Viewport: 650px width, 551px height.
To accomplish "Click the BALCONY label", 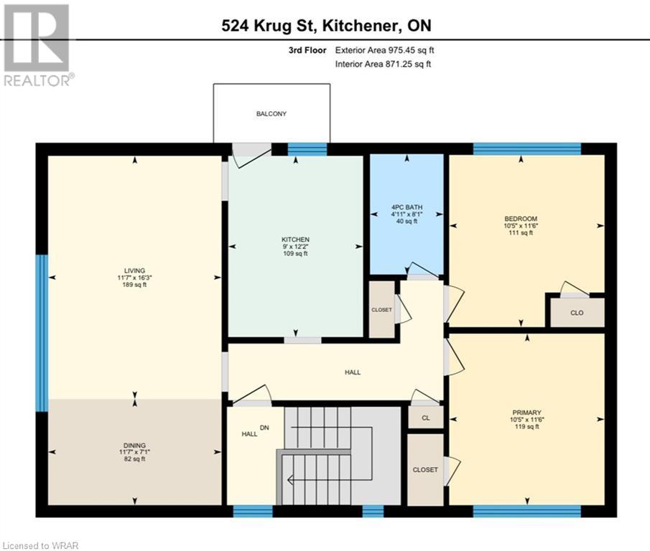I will [271, 114].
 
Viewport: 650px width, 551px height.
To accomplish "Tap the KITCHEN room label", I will [295, 239].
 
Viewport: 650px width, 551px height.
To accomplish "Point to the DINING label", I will [134, 444].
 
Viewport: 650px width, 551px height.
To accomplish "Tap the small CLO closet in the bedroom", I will [577, 313].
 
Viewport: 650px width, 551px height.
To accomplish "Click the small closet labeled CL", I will [425, 418].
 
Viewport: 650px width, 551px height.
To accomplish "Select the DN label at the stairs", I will [264, 428].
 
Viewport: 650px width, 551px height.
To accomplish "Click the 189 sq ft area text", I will [134, 286].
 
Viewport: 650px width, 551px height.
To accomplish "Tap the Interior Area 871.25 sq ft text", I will [384, 65].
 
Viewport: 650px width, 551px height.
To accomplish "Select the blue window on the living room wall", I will [42, 333].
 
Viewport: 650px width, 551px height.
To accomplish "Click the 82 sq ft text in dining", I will [134, 459].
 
